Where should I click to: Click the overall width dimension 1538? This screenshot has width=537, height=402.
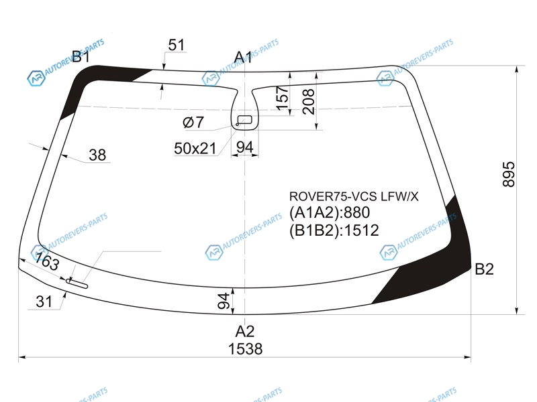click(245, 349)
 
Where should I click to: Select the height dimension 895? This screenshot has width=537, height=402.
click(509, 174)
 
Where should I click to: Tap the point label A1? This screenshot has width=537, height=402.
click(243, 58)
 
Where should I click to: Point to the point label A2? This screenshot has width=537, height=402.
click(245, 331)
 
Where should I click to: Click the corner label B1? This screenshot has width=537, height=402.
click(81, 56)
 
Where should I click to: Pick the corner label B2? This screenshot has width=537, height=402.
click(484, 269)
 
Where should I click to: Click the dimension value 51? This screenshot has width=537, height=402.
click(177, 45)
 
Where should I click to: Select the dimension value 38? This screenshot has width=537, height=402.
click(97, 155)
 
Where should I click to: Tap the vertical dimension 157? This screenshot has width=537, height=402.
click(283, 98)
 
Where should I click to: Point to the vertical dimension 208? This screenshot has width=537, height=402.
click(308, 102)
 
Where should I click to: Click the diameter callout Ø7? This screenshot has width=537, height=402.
click(193, 122)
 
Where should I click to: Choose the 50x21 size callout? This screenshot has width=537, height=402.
click(195, 149)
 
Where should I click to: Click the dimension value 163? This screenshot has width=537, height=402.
click(47, 261)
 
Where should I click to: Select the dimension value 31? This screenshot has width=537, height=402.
click(44, 302)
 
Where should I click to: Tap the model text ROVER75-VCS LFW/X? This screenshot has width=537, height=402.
click(354, 196)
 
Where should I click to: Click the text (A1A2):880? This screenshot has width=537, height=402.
click(330, 212)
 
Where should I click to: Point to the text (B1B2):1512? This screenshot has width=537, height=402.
click(334, 230)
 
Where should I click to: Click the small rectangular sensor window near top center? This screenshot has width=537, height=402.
click(245, 119)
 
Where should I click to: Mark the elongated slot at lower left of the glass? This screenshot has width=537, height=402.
click(77, 283)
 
